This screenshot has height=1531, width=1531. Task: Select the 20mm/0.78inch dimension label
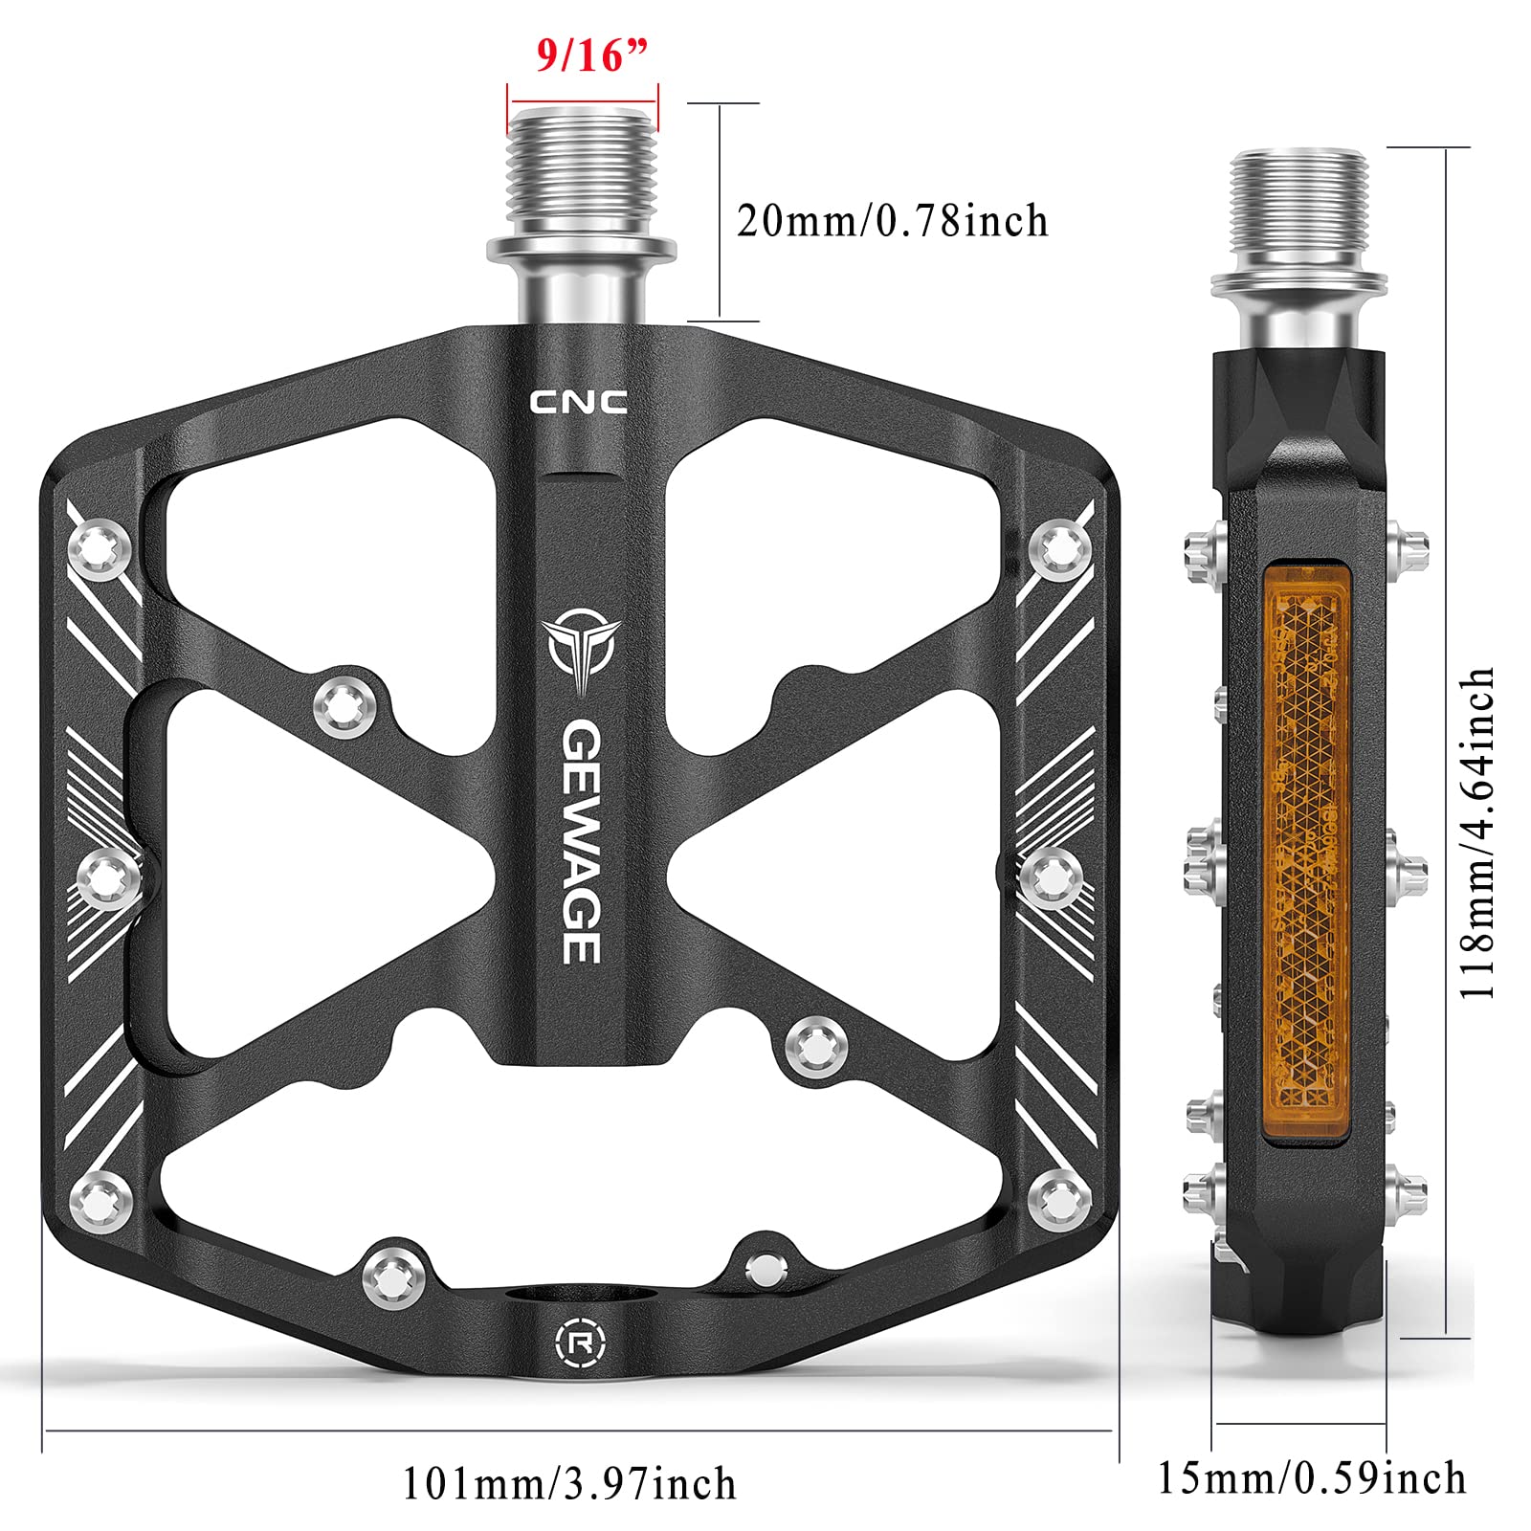click(892, 221)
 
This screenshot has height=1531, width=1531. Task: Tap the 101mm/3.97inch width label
click(568, 1484)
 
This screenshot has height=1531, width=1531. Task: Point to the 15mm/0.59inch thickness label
click(1311, 1477)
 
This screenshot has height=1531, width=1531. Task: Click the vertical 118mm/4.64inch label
click(1476, 832)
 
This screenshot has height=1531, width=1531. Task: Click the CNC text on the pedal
click(579, 403)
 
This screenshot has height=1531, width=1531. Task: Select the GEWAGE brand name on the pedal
click(581, 842)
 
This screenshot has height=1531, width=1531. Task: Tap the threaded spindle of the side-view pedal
click(1298, 211)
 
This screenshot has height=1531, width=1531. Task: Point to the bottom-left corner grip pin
click(100, 1198)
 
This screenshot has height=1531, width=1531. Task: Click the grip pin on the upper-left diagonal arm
click(344, 707)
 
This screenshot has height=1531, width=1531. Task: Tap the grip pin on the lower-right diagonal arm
click(815, 1046)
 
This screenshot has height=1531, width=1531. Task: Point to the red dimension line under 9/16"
click(583, 99)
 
